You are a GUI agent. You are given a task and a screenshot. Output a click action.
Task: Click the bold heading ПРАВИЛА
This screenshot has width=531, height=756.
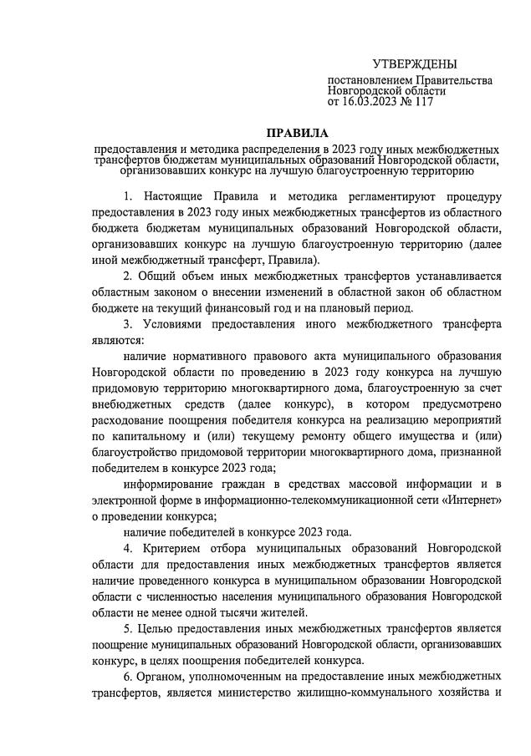(298, 134)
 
